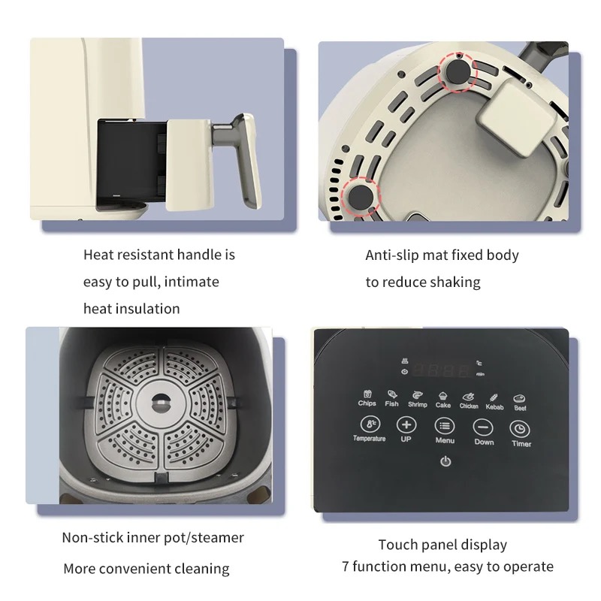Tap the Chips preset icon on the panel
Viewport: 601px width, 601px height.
[367, 394]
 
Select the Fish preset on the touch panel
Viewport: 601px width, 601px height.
[391, 394]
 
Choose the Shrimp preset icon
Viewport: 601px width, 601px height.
[417, 394]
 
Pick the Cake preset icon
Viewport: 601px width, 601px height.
[443, 395]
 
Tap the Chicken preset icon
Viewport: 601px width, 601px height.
[469, 397]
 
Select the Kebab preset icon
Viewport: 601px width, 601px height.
[494, 397]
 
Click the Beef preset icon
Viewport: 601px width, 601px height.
[519, 399]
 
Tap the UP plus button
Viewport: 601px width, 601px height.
[406, 424]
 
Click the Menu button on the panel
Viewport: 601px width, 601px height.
[445, 426]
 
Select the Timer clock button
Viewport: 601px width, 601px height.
[520, 428]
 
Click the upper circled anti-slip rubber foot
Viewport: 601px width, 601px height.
[458, 71]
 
